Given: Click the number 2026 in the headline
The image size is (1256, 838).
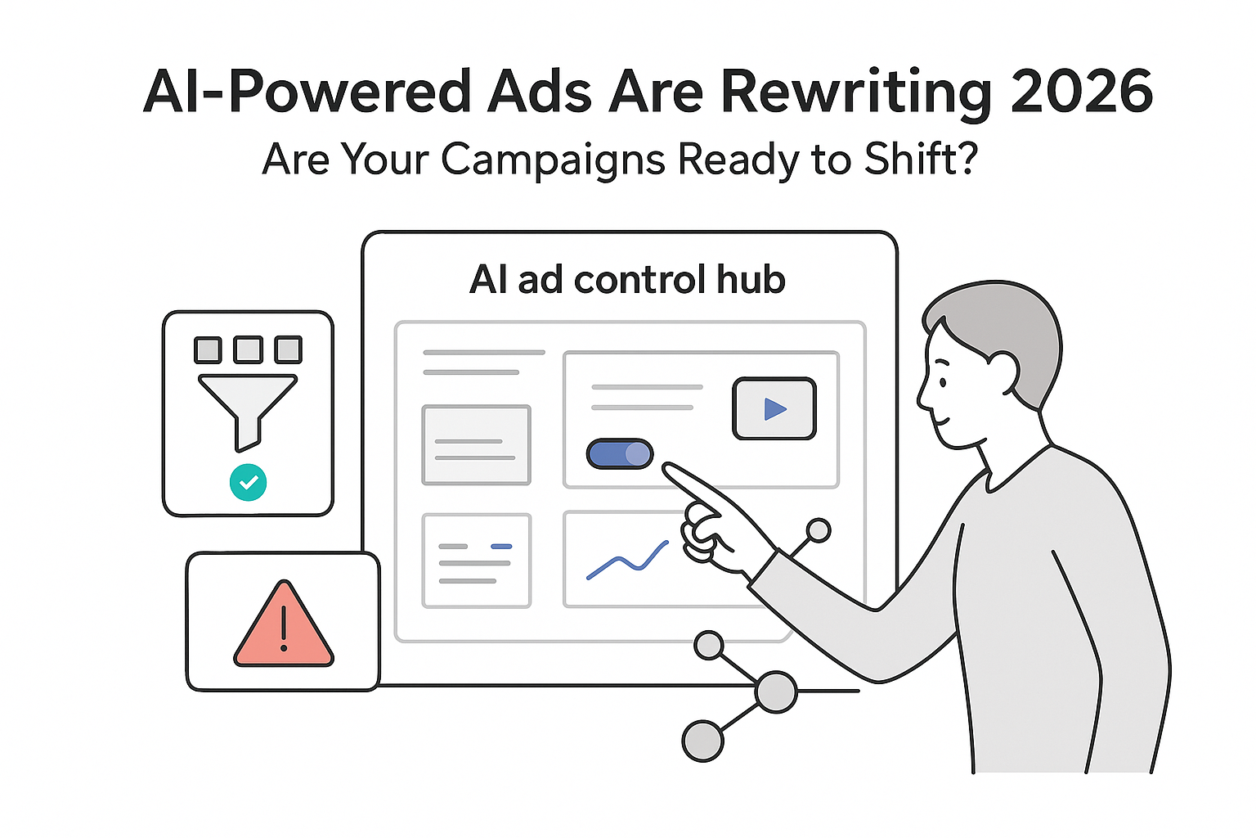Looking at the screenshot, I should (x=1082, y=92).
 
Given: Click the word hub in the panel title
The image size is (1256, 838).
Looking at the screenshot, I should (x=751, y=280).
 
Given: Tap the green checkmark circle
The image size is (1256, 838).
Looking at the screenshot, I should (x=249, y=482).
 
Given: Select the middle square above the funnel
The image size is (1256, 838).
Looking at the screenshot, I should (x=248, y=349).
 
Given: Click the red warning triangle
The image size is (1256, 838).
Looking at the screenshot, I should (x=284, y=627).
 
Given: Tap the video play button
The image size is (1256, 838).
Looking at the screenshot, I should (x=774, y=408).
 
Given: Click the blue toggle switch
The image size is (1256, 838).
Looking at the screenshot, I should (x=620, y=454).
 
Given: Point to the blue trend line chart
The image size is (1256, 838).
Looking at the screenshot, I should (x=627, y=560).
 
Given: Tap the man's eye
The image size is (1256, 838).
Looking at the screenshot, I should (x=943, y=381).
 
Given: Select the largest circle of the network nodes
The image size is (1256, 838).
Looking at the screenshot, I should (x=775, y=692).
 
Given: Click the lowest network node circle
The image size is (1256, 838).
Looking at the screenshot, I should (x=702, y=741).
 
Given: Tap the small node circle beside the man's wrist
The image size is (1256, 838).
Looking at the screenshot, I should (x=818, y=531).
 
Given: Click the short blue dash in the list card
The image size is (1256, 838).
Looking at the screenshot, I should (x=500, y=546).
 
